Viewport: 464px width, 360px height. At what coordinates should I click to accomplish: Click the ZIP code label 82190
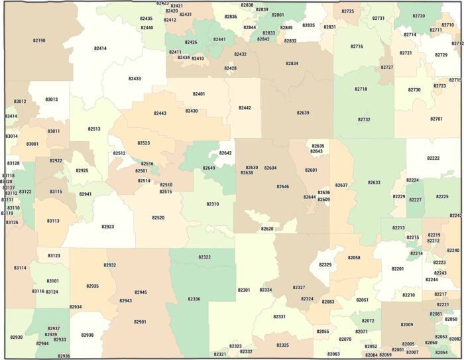pyautogui.click(x=39, y=40)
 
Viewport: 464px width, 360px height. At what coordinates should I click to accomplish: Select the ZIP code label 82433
pyautogui.click(x=135, y=78)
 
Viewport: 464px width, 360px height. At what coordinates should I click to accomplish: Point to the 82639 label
pyautogui.click(x=303, y=113)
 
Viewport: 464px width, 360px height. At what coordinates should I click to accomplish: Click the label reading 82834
pyautogui.click(x=292, y=64)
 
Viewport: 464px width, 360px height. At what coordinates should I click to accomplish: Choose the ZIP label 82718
pyautogui.click(x=361, y=89)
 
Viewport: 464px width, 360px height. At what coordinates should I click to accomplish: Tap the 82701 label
pyautogui.click(x=436, y=119)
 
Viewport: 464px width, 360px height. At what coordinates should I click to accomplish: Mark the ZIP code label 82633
pyautogui.click(x=374, y=182)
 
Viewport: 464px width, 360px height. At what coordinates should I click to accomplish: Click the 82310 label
pyautogui.click(x=212, y=204)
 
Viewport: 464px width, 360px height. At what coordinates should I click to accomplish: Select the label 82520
pyautogui.click(x=158, y=217)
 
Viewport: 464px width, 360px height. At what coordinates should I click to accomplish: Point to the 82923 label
pyautogui.click(x=108, y=227)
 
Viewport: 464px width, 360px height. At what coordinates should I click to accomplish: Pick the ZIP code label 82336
pyautogui.click(x=194, y=299)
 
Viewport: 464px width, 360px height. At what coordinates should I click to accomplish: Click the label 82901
pyautogui.click(x=140, y=322)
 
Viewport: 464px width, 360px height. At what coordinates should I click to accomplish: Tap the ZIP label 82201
pyautogui.click(x=398, y=269)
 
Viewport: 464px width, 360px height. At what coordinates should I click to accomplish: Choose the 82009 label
pyautogui.click(x=406, y=324)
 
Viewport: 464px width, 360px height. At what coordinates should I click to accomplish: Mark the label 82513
pyautogui.click(x=94, y=129)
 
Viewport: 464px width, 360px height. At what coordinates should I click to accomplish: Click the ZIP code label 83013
pyautogui.click(x=52, y=99)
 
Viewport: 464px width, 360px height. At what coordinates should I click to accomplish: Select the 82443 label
pyautogui.click(x=160, y=113)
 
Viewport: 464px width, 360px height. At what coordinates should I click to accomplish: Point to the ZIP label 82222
pyautogui.click(x=434, y=158)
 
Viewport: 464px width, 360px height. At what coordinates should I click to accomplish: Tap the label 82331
pyautogui.click(x=279, y=317)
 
